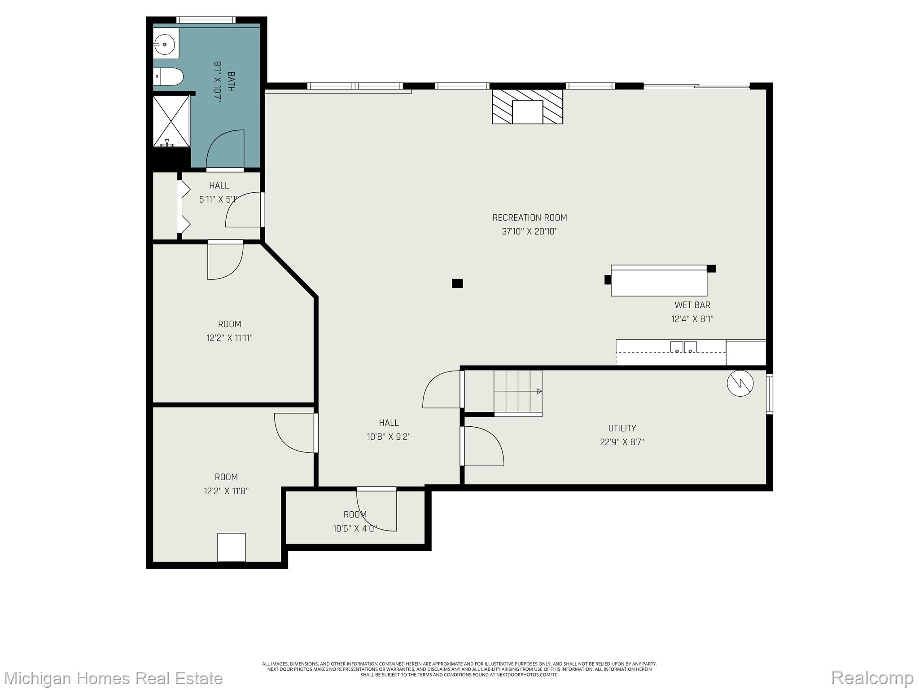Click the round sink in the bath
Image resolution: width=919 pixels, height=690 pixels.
(x=165, y=44)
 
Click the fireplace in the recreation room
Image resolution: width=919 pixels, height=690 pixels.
(x=527, y=106)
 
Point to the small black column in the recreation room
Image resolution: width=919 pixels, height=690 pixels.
(x=457, y=283)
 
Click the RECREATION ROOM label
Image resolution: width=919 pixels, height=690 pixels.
(x=530, y=218)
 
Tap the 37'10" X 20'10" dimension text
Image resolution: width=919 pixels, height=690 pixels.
(x=530, y=232)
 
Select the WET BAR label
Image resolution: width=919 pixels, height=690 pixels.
(x=692, y=305)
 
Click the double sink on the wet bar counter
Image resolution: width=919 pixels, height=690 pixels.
(x=683, y=347)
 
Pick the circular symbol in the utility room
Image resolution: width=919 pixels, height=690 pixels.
(x=740, y=383)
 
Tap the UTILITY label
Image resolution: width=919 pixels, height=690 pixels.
(x=622, y=428)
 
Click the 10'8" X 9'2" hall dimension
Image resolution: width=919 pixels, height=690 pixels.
(x=389, y=437)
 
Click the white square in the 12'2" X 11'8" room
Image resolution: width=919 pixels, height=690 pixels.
(x=232, y=547)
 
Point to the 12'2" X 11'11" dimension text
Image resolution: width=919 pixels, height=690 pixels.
(x=229, y=338)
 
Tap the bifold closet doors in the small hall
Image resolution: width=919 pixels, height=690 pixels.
(x=184, y=207)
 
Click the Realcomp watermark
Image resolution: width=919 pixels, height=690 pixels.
(x=872, y=677)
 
